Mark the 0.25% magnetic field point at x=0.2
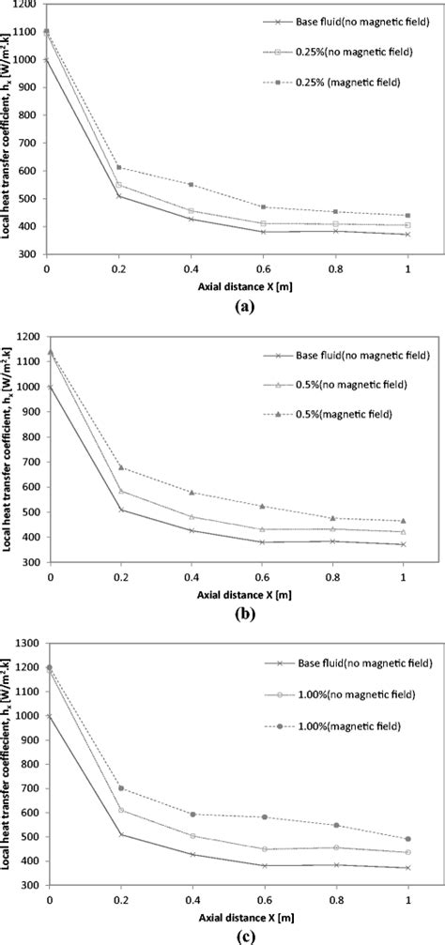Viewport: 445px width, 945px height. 119,168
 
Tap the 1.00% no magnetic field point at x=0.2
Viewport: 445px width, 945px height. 119,810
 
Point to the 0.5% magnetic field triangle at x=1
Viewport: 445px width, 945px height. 404,520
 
